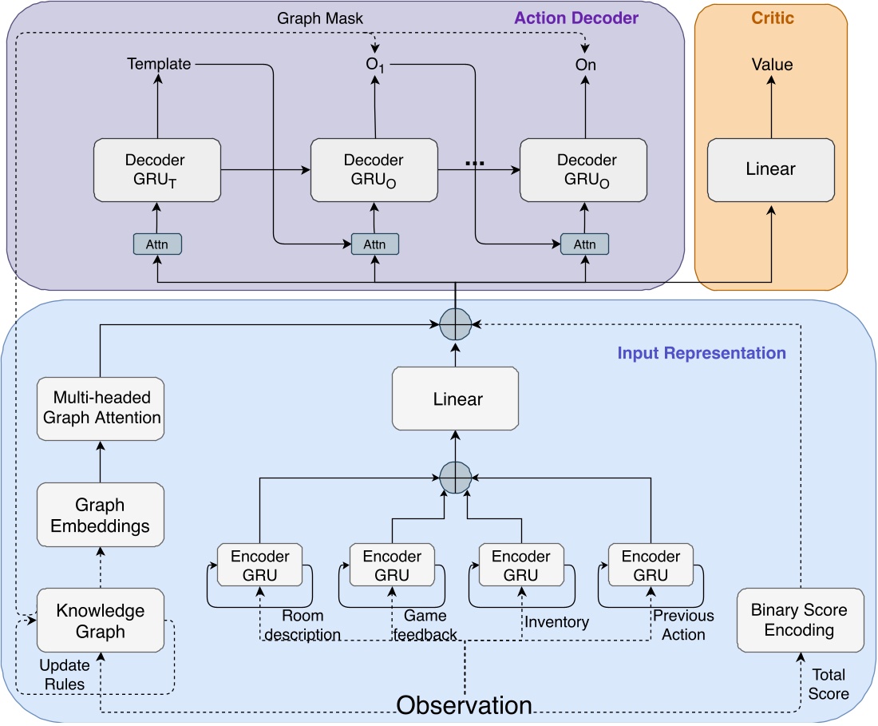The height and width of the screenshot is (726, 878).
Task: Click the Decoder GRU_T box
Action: coord(156,169)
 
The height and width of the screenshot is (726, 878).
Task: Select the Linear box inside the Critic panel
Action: coord(770,169)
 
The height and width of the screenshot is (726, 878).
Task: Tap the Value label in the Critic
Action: coord(772,65)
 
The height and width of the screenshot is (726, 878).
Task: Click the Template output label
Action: coord(159,64)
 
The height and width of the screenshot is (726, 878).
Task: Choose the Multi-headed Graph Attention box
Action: coord(101,407)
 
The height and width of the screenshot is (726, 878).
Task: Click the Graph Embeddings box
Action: coord(101,516)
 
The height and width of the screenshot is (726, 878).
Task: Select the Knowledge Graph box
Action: coord(101,621)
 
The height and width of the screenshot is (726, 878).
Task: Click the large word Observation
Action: coord(465,705)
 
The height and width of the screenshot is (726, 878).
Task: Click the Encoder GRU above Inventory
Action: coord(520,566)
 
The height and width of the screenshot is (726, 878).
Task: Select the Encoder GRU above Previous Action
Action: coord(651,566)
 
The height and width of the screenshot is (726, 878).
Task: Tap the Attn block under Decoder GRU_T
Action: coord(157,243)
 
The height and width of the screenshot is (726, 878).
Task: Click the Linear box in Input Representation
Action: coord(454,398)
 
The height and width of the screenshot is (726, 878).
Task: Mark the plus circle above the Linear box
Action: coord(454,323)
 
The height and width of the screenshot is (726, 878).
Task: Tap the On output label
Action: coord(586,65)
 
